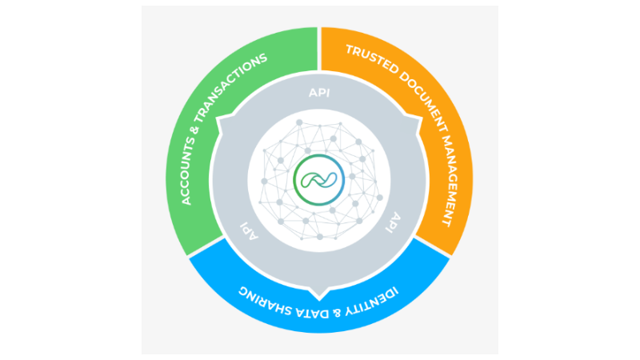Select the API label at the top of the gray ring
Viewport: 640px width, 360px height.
[319, 93]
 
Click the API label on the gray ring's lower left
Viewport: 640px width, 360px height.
[249, 230]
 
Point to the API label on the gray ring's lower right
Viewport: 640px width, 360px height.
[394, 222]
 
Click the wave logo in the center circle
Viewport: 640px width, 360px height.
[319, 180]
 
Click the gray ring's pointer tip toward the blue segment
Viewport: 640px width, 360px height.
[319, 299]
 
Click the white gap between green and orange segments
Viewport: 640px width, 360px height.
[319, 49]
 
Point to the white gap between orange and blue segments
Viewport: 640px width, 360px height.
[432, 246]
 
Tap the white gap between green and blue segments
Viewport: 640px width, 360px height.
[206, 246]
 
